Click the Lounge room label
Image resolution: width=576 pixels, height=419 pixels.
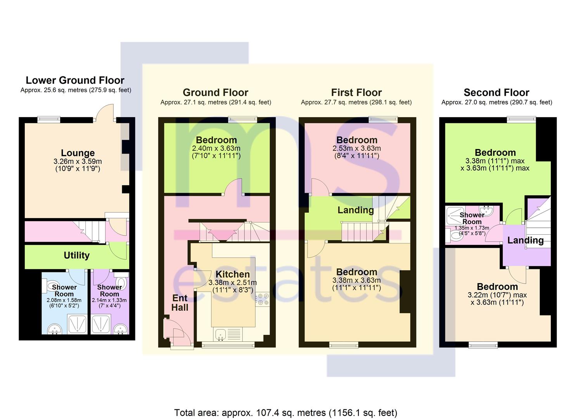coord(78,153)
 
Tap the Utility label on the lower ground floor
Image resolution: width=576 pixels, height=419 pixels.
coord(77,255)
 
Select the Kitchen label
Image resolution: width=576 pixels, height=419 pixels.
coord(232,274)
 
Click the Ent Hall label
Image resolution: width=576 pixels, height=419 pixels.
coord(180,303)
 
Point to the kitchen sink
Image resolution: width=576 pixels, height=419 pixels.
coord(220,334)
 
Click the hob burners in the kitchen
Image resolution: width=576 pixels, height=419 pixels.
coord(263,299)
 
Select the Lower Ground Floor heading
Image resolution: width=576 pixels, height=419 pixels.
coord(75,80)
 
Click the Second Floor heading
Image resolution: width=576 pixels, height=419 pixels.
coord(496,92)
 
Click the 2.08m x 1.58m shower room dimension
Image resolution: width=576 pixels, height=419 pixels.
coord(64,300)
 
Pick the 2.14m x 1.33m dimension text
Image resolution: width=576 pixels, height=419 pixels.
coord(109,300)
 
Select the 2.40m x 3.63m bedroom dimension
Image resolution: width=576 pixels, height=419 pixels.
coord(216,149)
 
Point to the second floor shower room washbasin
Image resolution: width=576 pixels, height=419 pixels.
coord(486,211)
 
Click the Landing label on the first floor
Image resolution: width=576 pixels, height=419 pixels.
coord(356,210)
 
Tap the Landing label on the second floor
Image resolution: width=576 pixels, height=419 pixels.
coord(525,240)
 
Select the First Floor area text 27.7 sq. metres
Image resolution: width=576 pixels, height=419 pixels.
coord(356,102)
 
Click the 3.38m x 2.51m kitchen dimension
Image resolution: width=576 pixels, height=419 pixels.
coord(232,282)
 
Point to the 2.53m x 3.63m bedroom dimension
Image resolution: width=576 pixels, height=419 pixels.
coord(357,149)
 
